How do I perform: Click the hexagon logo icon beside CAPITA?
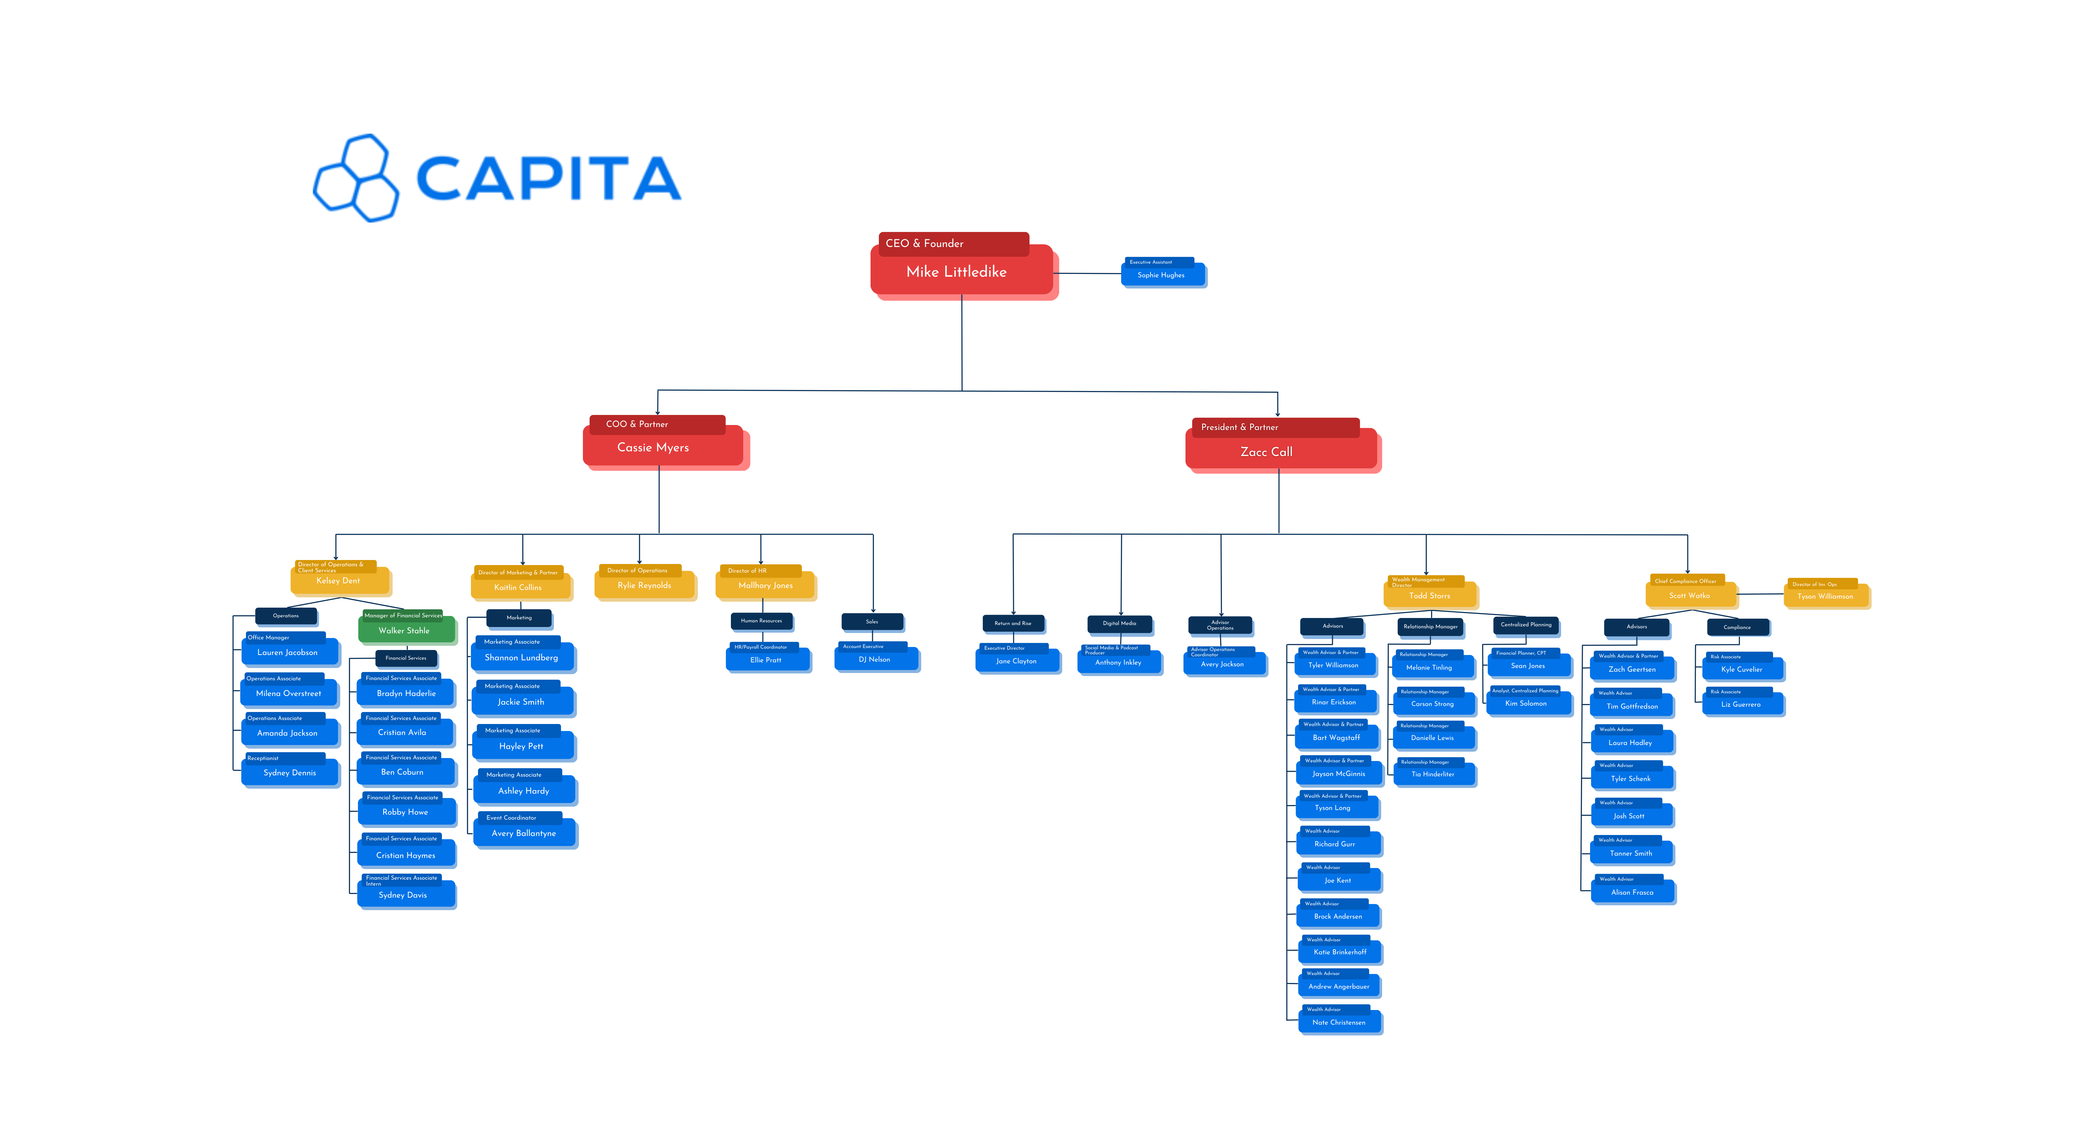pos(356,178)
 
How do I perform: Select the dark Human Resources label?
pos(761,620)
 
